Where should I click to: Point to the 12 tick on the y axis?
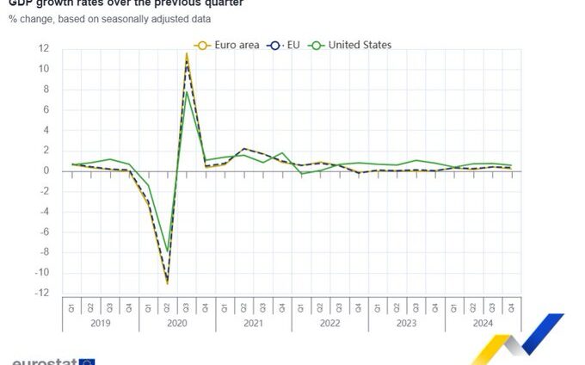43,48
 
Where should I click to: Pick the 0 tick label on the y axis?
46,170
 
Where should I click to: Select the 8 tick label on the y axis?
46,90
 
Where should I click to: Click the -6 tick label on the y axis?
43,232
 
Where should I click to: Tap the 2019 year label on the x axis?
100,324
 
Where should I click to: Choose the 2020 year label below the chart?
176,324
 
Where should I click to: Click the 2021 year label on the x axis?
253,324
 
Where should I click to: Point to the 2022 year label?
329,324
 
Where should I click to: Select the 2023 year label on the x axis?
406,324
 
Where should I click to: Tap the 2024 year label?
483,324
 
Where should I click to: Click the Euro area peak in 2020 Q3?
186,53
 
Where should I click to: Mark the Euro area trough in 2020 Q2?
167,283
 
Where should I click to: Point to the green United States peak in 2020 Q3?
187,92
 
